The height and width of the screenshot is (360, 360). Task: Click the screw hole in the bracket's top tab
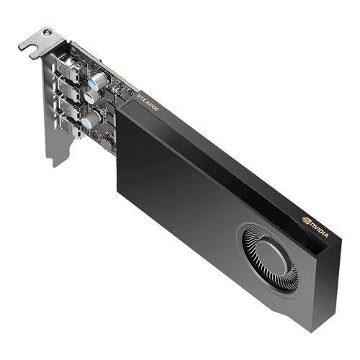tap(47, 33)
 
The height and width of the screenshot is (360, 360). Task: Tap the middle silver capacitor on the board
tap(91, 94)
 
